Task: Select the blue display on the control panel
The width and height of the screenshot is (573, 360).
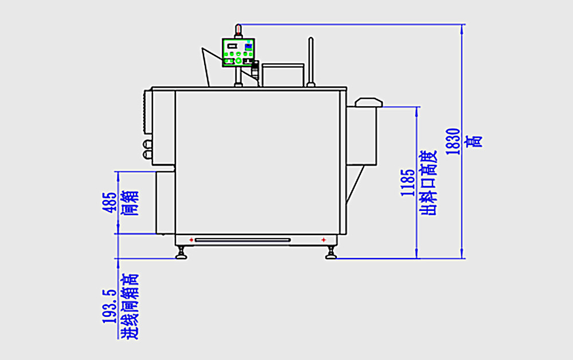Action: click(x=249, y=46)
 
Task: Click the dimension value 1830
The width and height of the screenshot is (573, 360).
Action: click(x=453, y=141)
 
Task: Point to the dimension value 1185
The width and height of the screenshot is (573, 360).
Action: click(x=407, y=182)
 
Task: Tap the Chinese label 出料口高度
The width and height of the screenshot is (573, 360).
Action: click(x=429, y=182)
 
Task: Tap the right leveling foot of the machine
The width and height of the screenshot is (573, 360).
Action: click(x=331, y=253)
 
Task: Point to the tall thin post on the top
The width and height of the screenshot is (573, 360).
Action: click(x=311, y=61)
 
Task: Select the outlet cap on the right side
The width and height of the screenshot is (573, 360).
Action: click(x=368, y=103)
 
